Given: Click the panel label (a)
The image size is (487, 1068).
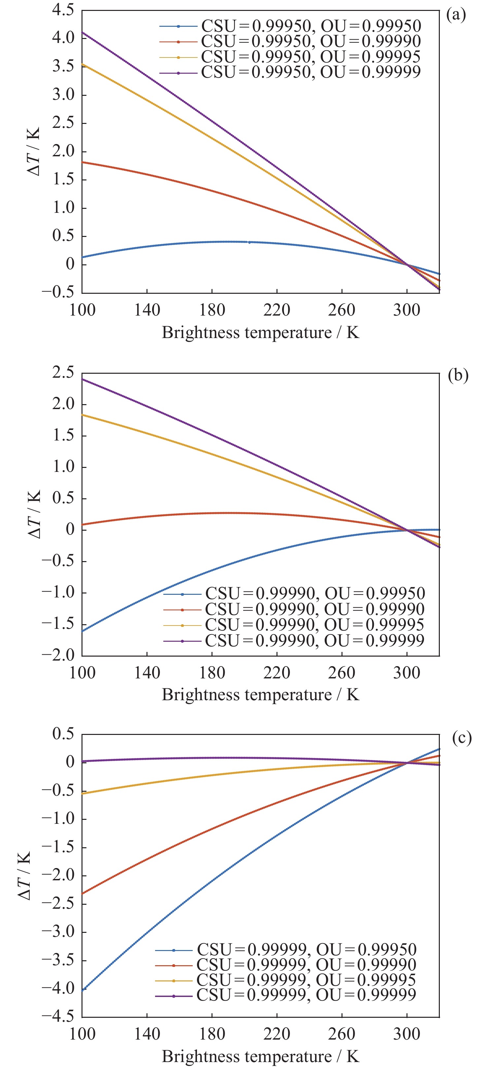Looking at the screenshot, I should [x=456, y=15].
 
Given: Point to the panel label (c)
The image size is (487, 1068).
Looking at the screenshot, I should [x=462, y=738].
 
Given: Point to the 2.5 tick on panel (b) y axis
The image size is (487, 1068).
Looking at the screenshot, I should [x=63, y=372].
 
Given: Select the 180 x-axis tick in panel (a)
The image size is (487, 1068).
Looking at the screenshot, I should [x=212, y=310].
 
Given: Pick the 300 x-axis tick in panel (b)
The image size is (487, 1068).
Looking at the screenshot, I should [x=407, y=672].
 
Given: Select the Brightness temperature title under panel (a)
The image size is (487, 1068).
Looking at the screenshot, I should [x=260, y=332].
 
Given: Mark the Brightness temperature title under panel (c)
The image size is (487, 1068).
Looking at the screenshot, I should [x=260, y=1056].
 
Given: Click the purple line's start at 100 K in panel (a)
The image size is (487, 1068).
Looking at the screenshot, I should [x=82, y=32].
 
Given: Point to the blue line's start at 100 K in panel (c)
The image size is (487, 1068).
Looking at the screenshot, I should [x=82, y=990].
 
